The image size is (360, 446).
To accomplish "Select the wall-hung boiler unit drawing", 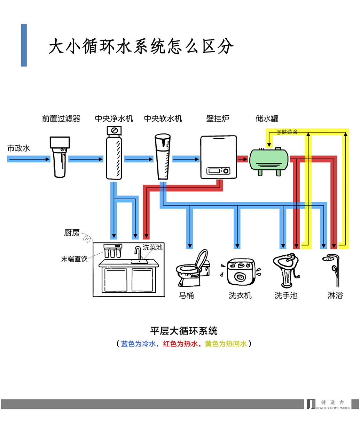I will tap(218, 157).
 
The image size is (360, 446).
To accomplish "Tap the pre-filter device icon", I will tap(60, 157).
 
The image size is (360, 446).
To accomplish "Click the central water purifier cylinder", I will tap(114, 153).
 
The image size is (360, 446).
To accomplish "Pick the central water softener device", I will tap(163, 156).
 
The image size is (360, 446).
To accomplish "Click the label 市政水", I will tap(19, 148).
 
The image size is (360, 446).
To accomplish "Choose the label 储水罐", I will tap(267, 118).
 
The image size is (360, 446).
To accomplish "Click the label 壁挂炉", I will tap(218, 118).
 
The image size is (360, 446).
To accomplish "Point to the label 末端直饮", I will tap(74, 259).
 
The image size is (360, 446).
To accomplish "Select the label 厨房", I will tap(72, 233).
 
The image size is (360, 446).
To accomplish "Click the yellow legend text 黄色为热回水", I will tap(226, 344).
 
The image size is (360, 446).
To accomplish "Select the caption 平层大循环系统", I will tap(184, 331).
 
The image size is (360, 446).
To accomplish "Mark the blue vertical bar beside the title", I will tap(24, 45).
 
